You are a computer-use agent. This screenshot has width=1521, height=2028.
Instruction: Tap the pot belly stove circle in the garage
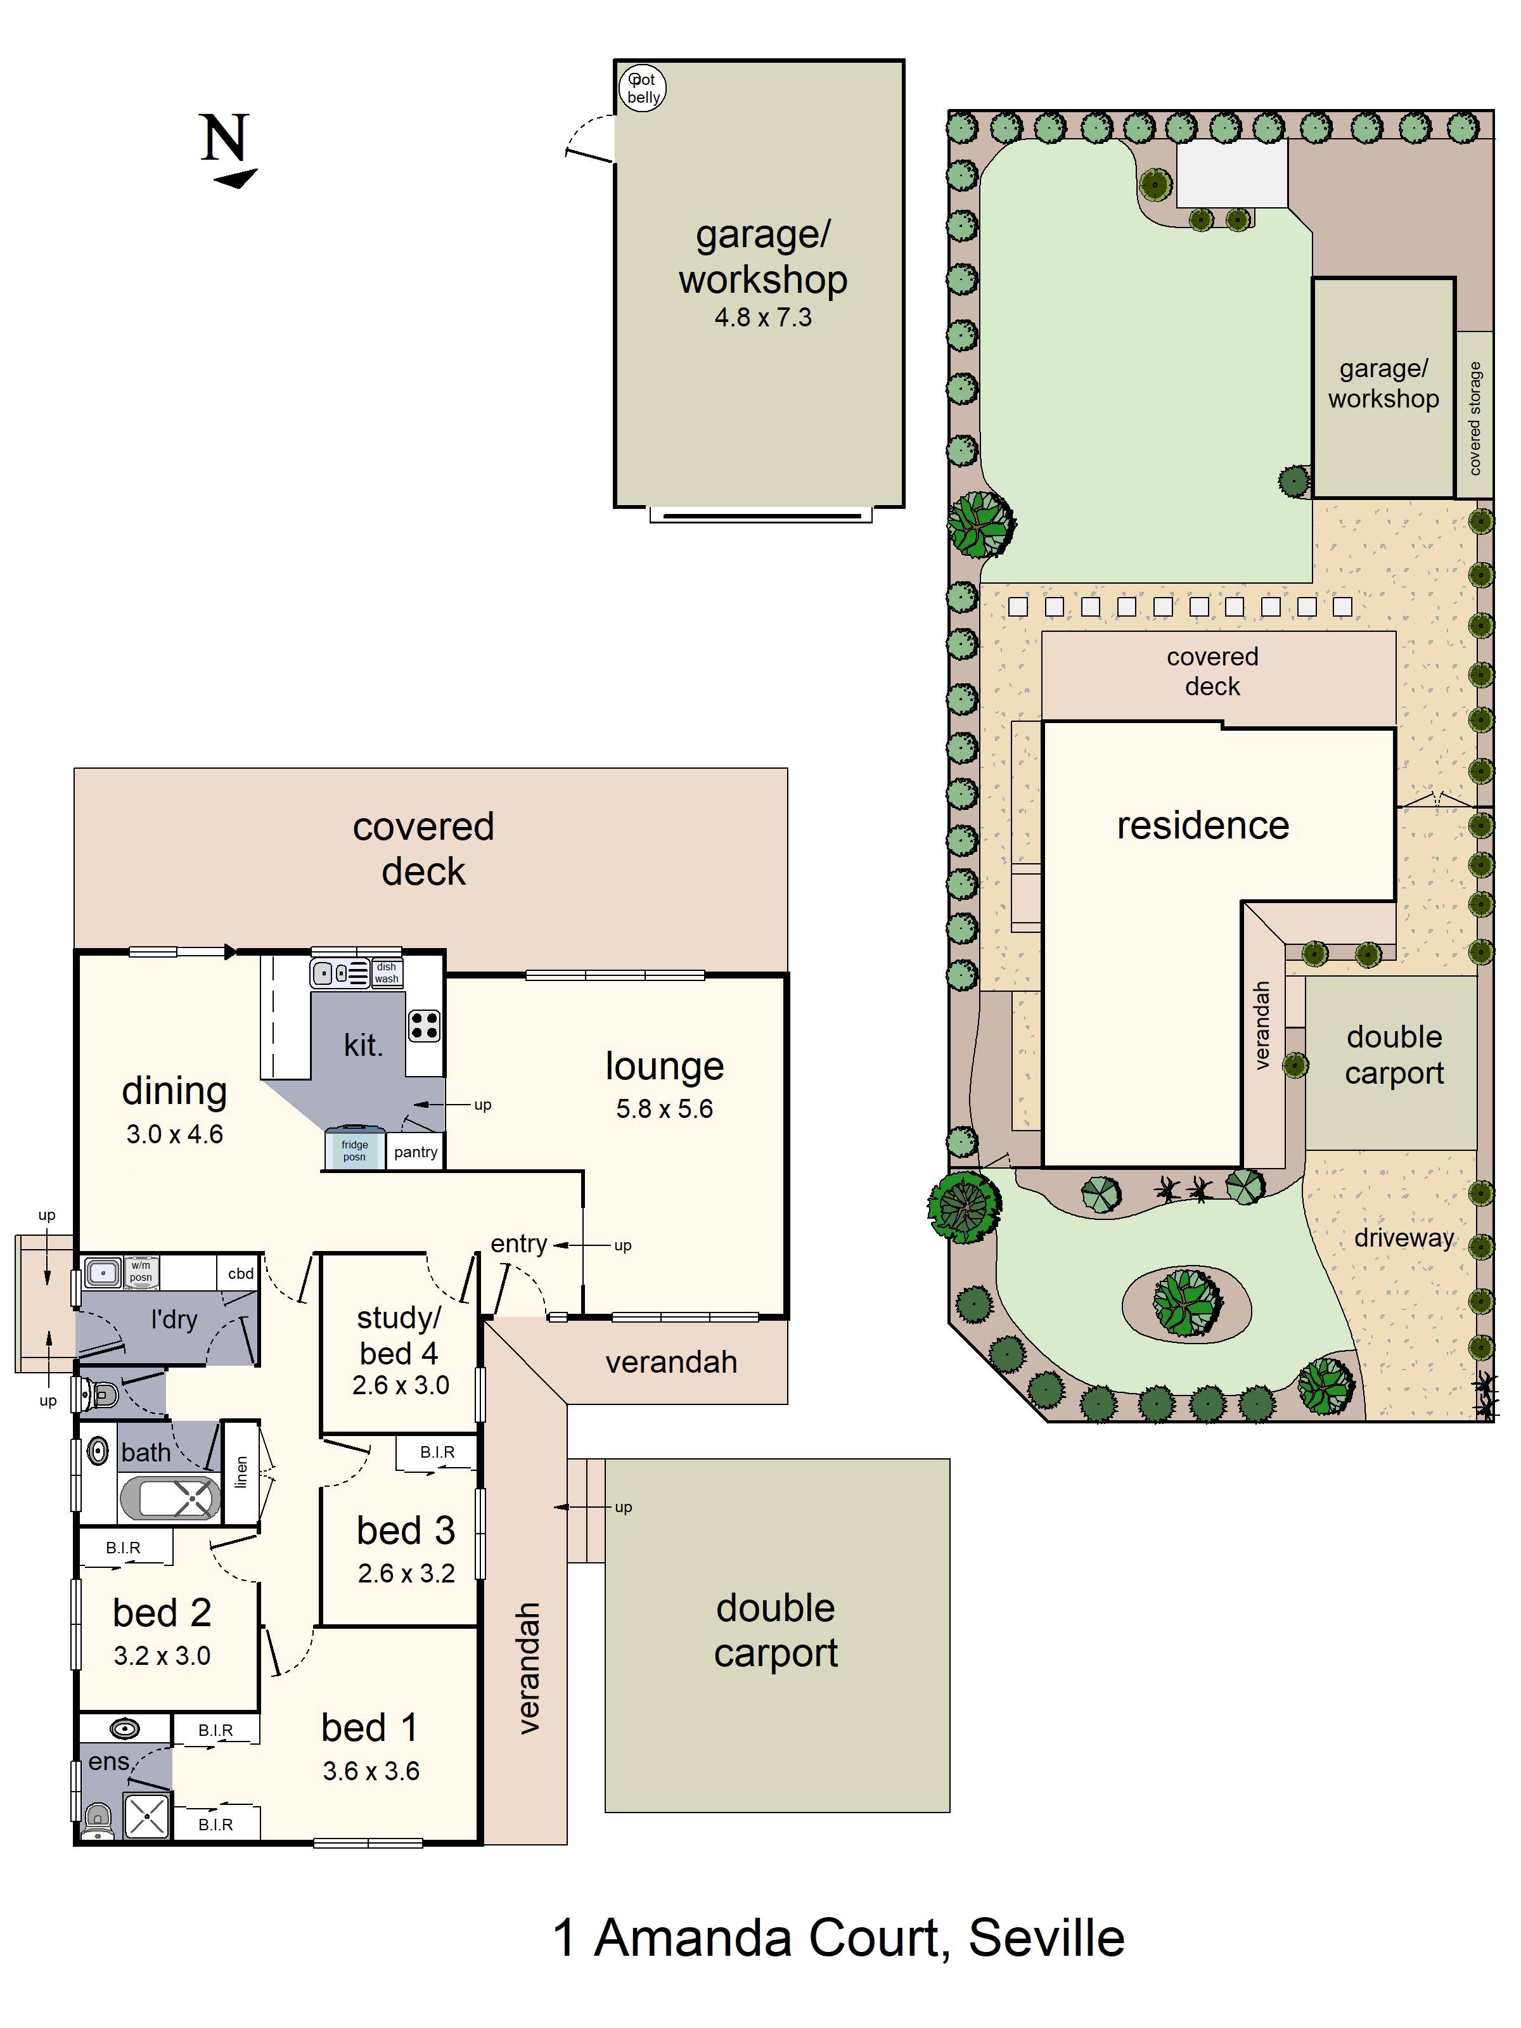(x=642, y=89)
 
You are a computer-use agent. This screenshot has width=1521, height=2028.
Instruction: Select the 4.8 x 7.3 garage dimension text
(x=763, y=318)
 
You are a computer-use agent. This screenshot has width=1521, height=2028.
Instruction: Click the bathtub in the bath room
(x=170, y=1498)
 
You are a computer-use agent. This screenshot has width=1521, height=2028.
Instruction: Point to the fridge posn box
(x=355, y=1149)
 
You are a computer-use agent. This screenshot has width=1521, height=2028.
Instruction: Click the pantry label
(x=415, y=1152)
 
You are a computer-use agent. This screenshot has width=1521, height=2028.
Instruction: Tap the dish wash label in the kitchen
(x=386, y=973)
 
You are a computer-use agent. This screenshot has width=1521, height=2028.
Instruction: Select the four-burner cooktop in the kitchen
(x=423, y=1026)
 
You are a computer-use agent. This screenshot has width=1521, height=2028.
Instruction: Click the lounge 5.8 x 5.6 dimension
(x=665, y=1108)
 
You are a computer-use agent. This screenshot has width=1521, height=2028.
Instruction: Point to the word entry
(x=519, y=1244)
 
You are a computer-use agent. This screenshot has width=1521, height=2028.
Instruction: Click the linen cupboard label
(x=241, y=1472)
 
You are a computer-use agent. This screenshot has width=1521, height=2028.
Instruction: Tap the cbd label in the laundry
(x=241, y=1273)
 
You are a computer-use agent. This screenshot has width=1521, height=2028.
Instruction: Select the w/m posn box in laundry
(x=140, y=1272)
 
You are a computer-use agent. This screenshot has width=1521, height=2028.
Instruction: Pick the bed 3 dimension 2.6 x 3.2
(x=406, y=1573)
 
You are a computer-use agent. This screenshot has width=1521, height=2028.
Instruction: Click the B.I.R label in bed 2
(x=123, y=1548)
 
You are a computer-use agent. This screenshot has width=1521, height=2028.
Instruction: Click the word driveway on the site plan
(x=1404, y=1238)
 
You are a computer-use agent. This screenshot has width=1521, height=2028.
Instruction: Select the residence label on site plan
(x=1203, y=825)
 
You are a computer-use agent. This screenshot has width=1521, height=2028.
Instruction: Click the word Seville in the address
(x=1046, y=1938)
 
